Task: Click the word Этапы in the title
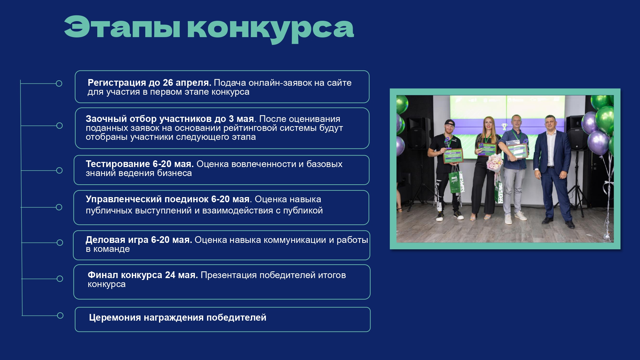click(x=123, y=27)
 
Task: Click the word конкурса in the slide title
click(x=270, y=29)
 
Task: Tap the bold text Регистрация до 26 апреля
click(x=149, y=83)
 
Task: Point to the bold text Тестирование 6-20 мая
click(x=140, y=164)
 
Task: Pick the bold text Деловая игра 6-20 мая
click(x=139, y=240)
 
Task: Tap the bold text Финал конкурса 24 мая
click(x=143, y=275)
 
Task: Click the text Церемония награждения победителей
click(x=178, y=317)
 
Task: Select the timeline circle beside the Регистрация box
click(x=59, y=84)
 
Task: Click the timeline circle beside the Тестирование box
click(x=59, y=170)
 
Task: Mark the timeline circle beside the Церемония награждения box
click(x=60, y=316)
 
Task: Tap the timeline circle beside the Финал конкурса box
click(x=60, y=279)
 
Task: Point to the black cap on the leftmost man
click(x=450, y=123)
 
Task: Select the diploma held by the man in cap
click(x=453, y=156)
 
